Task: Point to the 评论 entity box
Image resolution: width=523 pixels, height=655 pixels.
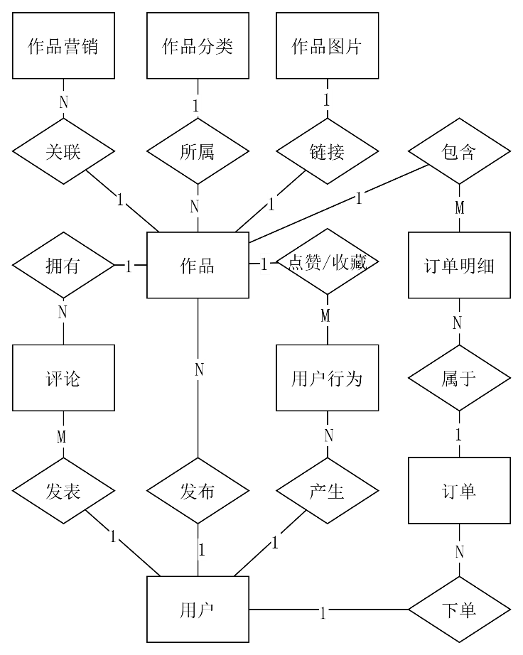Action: pyautogui.click(x=63, y=378)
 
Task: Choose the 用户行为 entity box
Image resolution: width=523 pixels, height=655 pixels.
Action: pyautogui.click(x=327, y=378)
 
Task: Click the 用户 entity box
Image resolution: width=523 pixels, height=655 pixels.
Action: pyautogui.click(x=198, y=610)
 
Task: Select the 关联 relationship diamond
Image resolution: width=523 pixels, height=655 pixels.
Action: pyautogui.click(x=63, y=152)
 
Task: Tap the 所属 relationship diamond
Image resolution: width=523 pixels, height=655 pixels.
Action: pyautogui.click(x=198, y=152)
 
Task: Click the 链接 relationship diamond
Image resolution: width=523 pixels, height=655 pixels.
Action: pyautogui.click(x=327, y=152)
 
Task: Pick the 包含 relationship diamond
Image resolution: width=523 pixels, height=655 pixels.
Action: pyautogui.click(x=459, y=152)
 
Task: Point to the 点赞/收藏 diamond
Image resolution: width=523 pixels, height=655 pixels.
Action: pyautogui.click(x=327, y=263)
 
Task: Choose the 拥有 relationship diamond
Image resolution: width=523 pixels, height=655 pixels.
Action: pyautogui.click(x=63, y=266)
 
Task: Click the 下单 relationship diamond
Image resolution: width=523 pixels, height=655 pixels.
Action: pyautogui.click(x=459, y=610)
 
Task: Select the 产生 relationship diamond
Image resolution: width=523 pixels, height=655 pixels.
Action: pyautogui.click(x=327, y=492)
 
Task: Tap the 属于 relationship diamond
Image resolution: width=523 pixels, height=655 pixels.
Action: pyautogui.click(x=459, y=378)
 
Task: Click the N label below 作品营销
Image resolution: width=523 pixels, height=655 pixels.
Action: pyautogui.click(x=63, y=102)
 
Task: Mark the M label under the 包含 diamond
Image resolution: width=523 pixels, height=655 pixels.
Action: pyautogui.click(x=460, y=208)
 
